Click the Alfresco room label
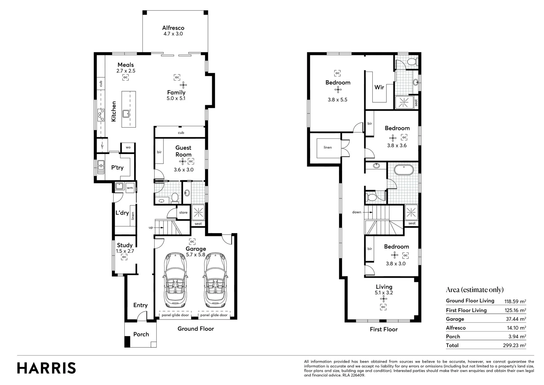point(173,28)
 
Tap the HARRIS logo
point(46,368)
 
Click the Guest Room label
point(183,151)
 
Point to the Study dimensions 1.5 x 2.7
point(125,251)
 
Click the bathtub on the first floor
point(403,170)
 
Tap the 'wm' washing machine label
point(130,188)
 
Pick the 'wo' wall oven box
point(128,147)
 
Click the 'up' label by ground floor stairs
point(151,227)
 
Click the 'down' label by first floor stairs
point(357,212)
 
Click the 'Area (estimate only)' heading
point(475,289)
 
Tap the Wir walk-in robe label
point(379,87)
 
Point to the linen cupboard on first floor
point(328,147)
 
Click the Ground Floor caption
point(195,329)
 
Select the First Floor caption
point(383,329)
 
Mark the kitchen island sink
point(126,114)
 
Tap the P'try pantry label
point(117,168)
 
